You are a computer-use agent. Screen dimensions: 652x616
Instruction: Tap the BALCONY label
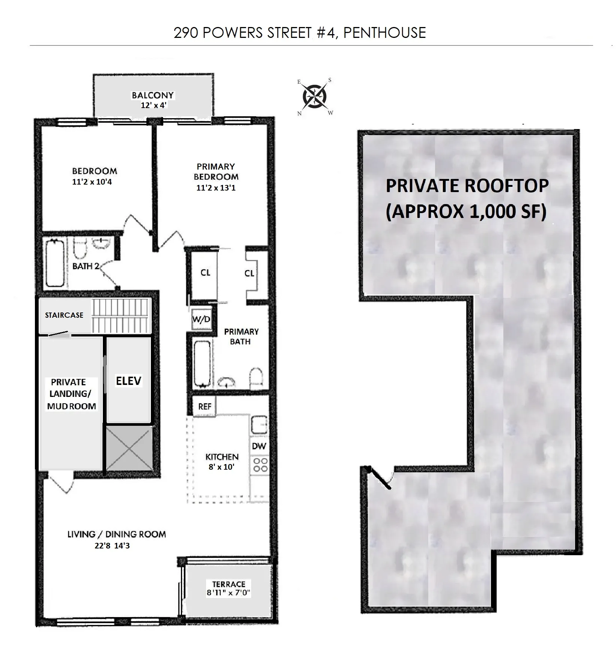coord(153,95)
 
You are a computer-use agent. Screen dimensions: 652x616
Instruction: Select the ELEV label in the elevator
coord(128,381)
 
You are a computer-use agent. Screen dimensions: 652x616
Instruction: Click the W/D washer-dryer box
coord(201,320)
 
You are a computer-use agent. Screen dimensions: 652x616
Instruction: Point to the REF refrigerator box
coord(205,407)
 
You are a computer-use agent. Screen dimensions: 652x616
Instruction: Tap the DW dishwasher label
coord(259,446)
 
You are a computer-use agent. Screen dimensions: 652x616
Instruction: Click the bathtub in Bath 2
coord(55,263)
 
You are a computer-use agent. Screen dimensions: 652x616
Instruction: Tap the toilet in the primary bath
coord(257,377)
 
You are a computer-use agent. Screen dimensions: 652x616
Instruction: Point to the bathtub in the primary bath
coord(202,364)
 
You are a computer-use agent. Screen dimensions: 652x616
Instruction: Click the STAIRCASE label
coord(64,315)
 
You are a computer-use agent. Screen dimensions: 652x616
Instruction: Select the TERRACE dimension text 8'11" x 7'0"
coord(229,593)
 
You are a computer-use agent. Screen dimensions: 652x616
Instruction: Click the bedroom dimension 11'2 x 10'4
coord(92,182)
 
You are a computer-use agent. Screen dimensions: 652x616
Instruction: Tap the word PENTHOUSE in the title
coord(384,33)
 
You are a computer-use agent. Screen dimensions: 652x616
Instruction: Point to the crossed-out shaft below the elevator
coord(129,448)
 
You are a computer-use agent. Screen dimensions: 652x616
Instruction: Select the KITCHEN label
coord(222,457)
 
